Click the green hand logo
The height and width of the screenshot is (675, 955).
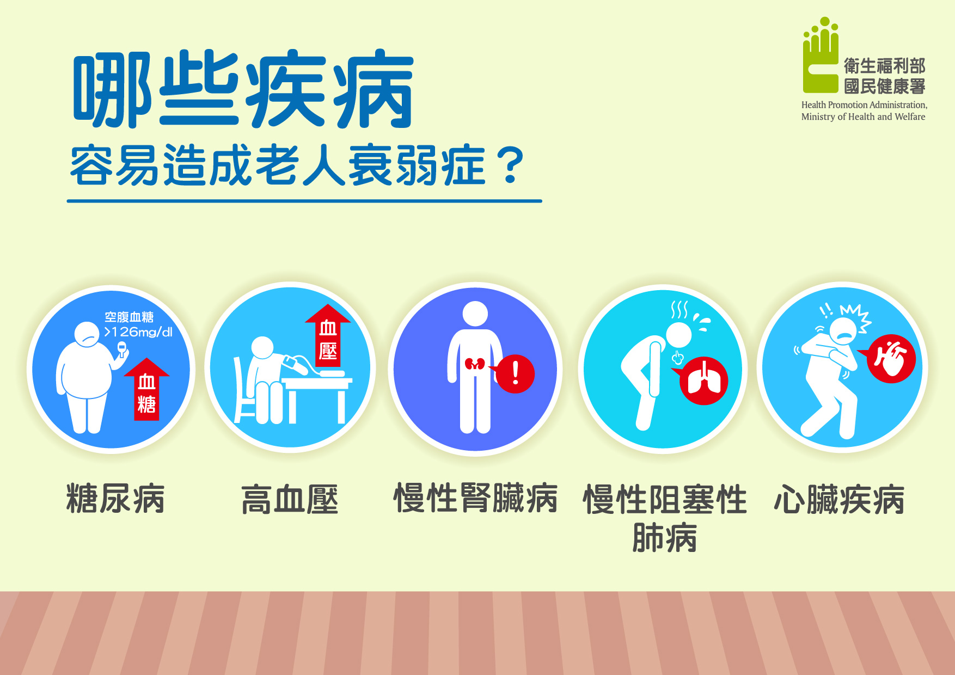821,55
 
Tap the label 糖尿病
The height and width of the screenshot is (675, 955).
115,499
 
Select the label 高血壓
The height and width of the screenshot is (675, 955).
290,499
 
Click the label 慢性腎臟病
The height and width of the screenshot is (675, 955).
476,498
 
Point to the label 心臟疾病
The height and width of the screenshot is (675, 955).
840,499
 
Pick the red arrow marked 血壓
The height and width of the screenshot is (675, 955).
328,335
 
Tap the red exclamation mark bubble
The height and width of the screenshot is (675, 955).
515,373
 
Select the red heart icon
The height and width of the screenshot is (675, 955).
890,358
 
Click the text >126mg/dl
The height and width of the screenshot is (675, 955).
138,332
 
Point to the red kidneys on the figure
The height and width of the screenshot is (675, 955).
475,364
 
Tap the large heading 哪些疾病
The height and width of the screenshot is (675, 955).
243,89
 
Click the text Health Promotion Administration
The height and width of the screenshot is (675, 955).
864,105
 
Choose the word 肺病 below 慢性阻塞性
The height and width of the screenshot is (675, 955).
665,538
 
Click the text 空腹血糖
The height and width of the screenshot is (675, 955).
129,317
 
